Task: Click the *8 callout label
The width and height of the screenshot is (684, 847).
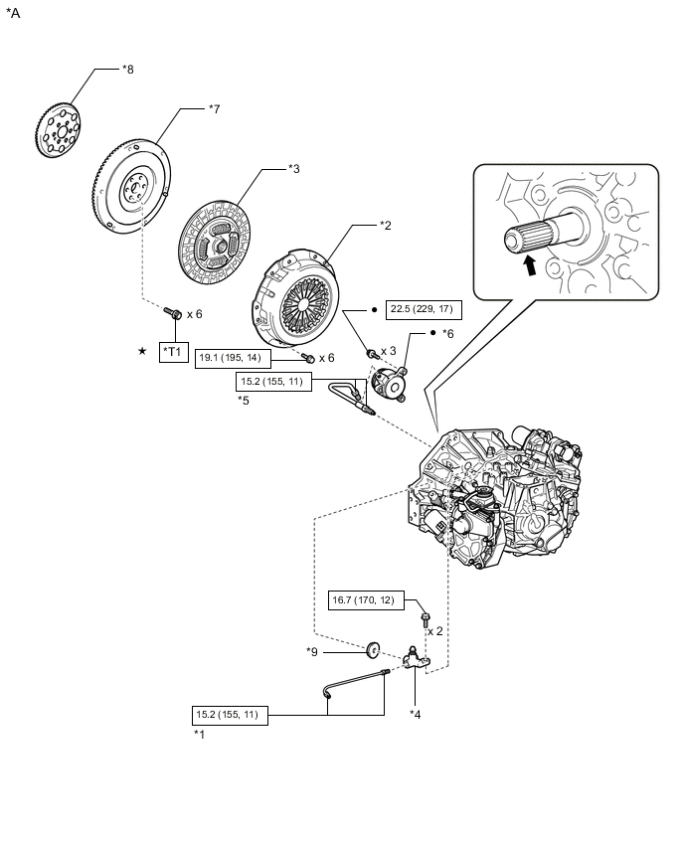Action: (127, 69)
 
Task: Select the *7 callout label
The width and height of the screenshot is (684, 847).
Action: (214, 108)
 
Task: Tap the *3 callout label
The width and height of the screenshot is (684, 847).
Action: (293, 169)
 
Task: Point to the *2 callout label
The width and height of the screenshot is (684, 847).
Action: (386, 226)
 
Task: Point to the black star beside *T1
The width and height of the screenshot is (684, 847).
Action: (143, 351)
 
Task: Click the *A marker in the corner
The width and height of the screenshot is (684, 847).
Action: (14, 14)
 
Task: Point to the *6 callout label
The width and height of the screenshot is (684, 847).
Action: (447, 334)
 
